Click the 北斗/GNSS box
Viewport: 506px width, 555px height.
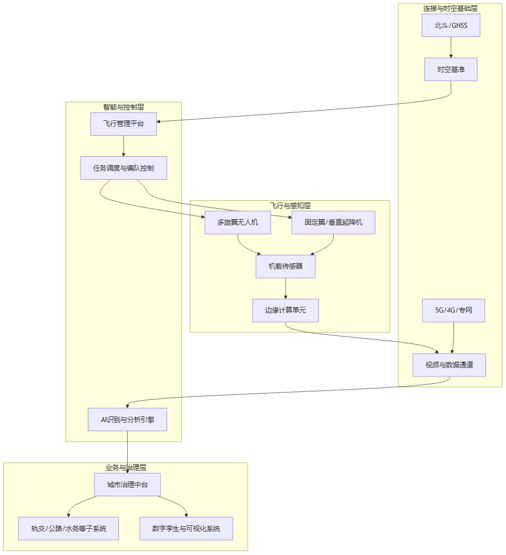pyautogui.click(x=451, y=26)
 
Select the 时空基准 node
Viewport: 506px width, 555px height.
pyautogui.click(x=451, y=69)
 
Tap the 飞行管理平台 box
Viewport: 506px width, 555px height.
pyautogui.click(x=123, y=124)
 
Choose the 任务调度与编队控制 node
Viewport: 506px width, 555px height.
pyautogui.click(x=123, y=168)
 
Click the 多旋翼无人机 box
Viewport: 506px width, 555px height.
pyautogui.click(x=237, y=222)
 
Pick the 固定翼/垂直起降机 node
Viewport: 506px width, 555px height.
pyautogui.click(x=333, y=222)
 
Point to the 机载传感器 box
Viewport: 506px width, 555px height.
pyautogui.click(x=285, y=266)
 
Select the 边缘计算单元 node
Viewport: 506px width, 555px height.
pyautogui.click(x=285, y=310)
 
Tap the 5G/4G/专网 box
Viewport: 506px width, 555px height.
pyautogui.click(x=453, y=310)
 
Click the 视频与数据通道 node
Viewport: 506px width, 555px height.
pyautogui.click(x=450, y=365)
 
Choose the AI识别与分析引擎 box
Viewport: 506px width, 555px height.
pyautogui.click(x=127, y=419)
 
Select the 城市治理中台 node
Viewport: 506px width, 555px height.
pyautogui.click(x=127, y=485)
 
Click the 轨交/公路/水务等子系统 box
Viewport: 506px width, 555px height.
pyautogui.click(x=68, y=529)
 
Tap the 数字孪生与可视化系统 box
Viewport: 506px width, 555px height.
pyautogui.click(x=186, y=529)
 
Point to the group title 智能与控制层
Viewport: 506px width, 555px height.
pyautogui.click(x=123, y=107)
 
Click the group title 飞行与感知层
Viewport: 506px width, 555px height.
pyautogui.click(x=290, y=205)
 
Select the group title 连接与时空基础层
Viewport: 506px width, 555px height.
pyautogui.click(x=450, y=8)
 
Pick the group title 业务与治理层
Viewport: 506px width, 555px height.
pyautogui.click(x=126, y=468)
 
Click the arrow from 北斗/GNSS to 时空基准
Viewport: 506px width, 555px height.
pyautogui.click(x=451, y=47)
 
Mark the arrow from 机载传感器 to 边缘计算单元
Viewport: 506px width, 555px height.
pyautogui.click(x=285, y=289)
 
